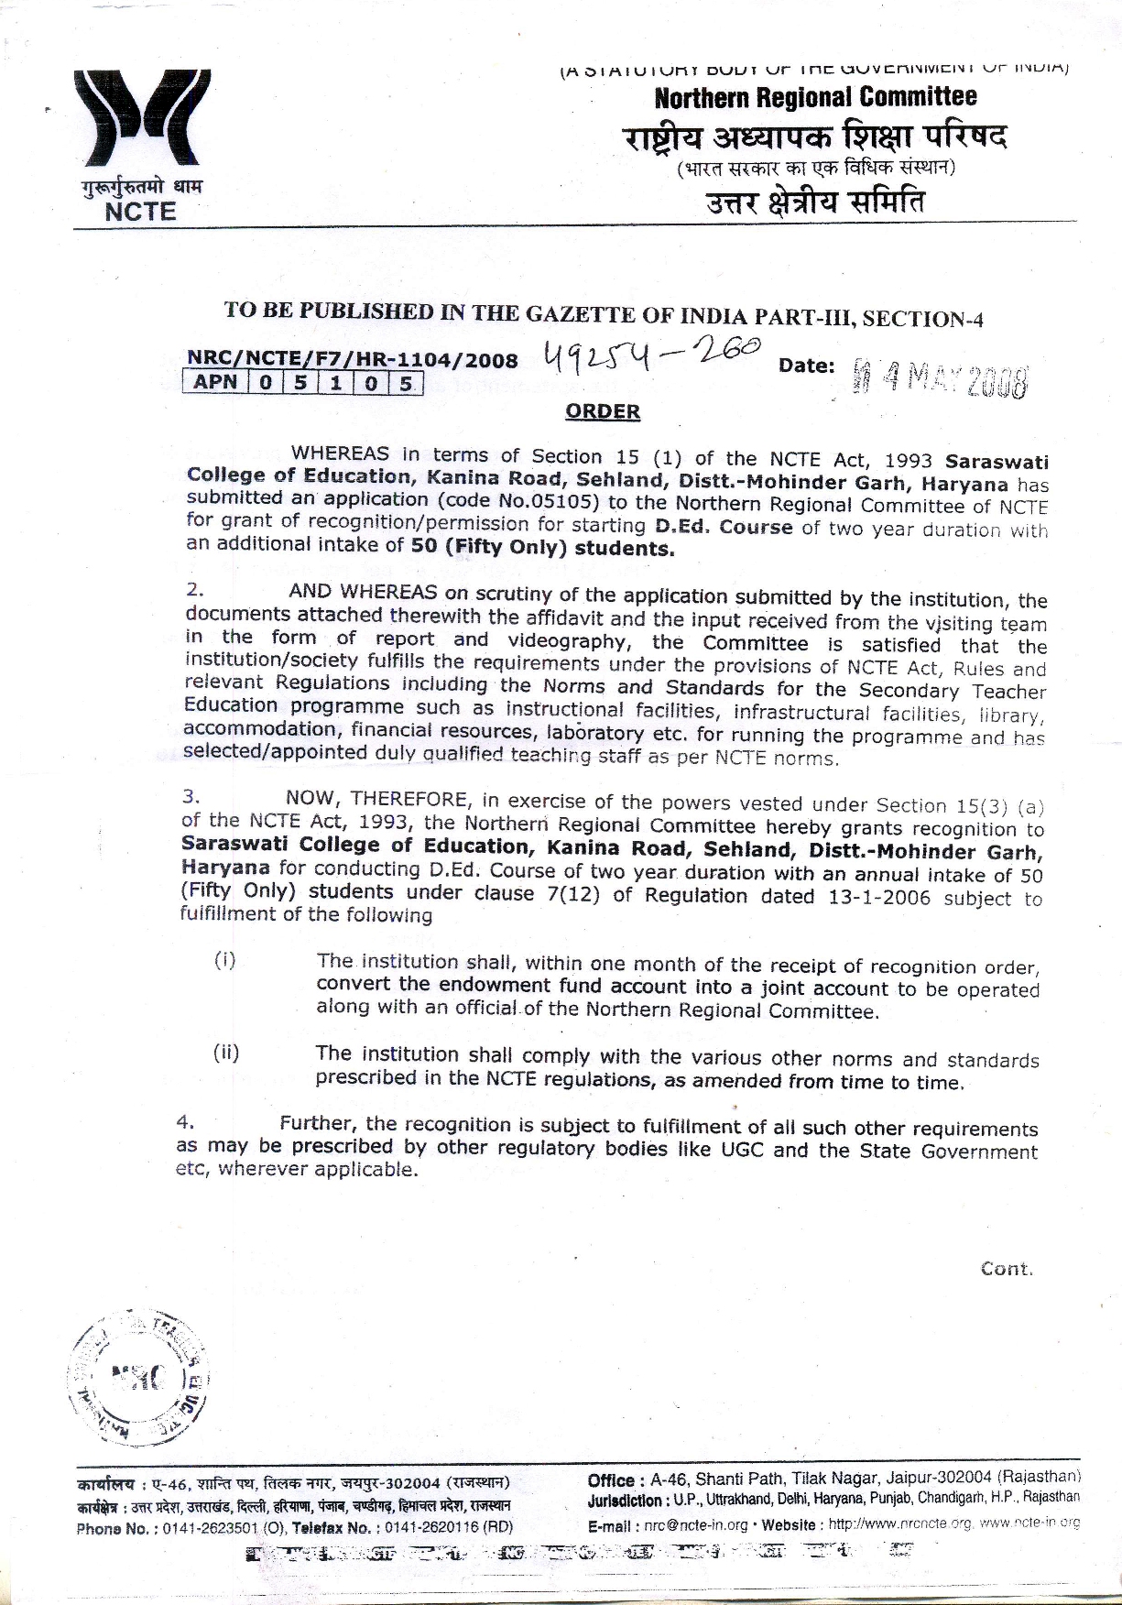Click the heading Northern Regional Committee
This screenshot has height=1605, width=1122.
(815, 97)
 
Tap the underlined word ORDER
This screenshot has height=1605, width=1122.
(603, 411)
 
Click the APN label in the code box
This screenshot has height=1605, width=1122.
(216, 381)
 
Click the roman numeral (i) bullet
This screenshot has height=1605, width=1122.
(225, 960)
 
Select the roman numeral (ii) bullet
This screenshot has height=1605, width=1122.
(226, 1053)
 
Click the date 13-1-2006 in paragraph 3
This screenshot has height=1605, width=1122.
(878, 898)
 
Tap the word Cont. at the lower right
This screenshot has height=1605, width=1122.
(1006, 1269)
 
